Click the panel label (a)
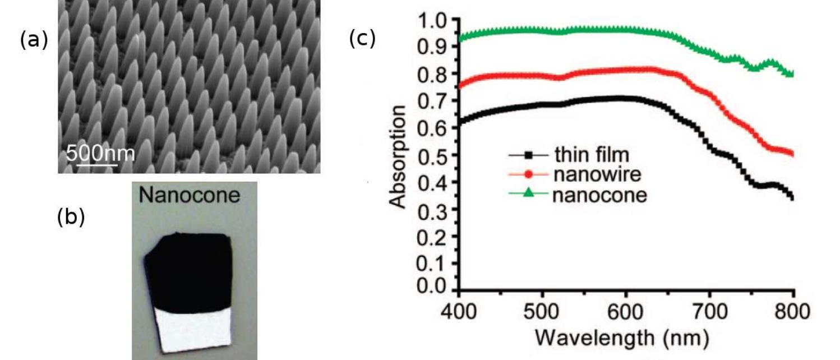pos(34,40)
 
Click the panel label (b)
pos(71,217)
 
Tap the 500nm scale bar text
pos(100,153)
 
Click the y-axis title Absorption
pos(399,155)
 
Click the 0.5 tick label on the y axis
pos(433,155)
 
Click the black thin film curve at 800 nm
pos(792,197)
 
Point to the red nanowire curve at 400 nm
pos(460,86)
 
